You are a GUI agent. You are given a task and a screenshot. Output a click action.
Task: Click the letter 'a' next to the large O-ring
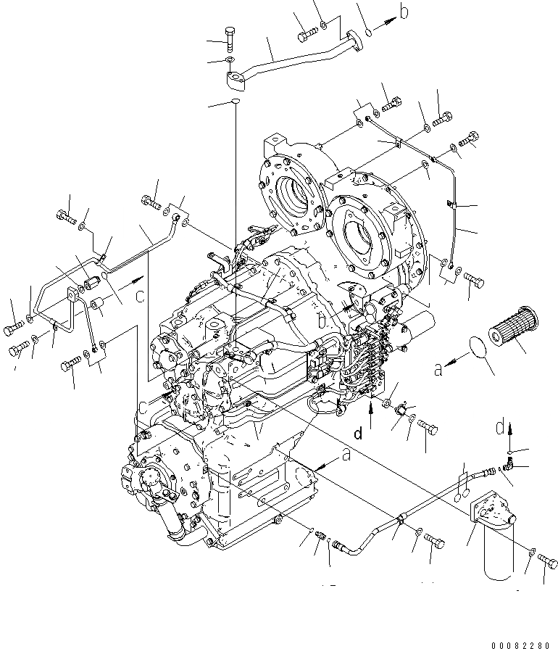click(x=438, y=369)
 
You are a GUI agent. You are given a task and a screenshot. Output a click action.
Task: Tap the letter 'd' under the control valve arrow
click(x=357, y=434)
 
